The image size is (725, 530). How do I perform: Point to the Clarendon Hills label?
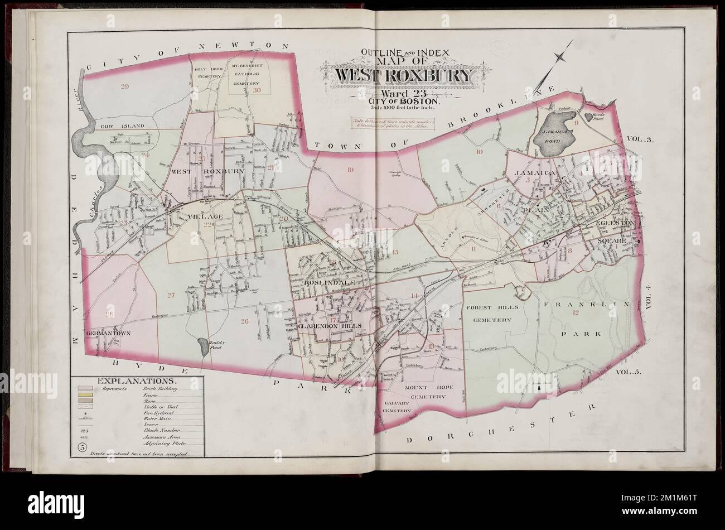point(331,325)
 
